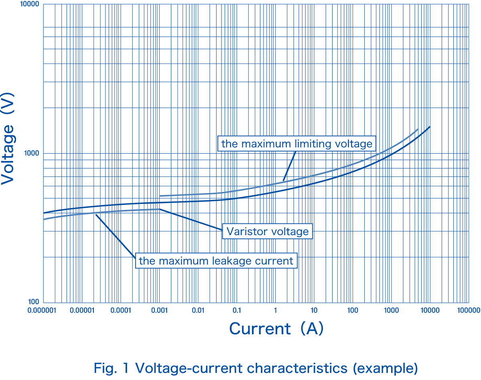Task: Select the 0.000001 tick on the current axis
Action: click(43, 310)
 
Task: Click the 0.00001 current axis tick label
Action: click(82, 310)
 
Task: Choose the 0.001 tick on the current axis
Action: click(159, 310)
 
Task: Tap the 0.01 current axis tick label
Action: click(198, 310)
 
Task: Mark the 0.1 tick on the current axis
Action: click(237, 310)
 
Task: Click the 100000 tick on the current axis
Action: click(469, 310)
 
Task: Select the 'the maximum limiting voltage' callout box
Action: click(297, 143)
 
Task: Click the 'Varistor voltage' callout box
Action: click(268, 232)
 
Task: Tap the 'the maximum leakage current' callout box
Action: click(216, 261)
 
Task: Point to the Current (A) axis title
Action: click(276, 328)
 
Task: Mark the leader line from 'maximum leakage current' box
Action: click(116, 236)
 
